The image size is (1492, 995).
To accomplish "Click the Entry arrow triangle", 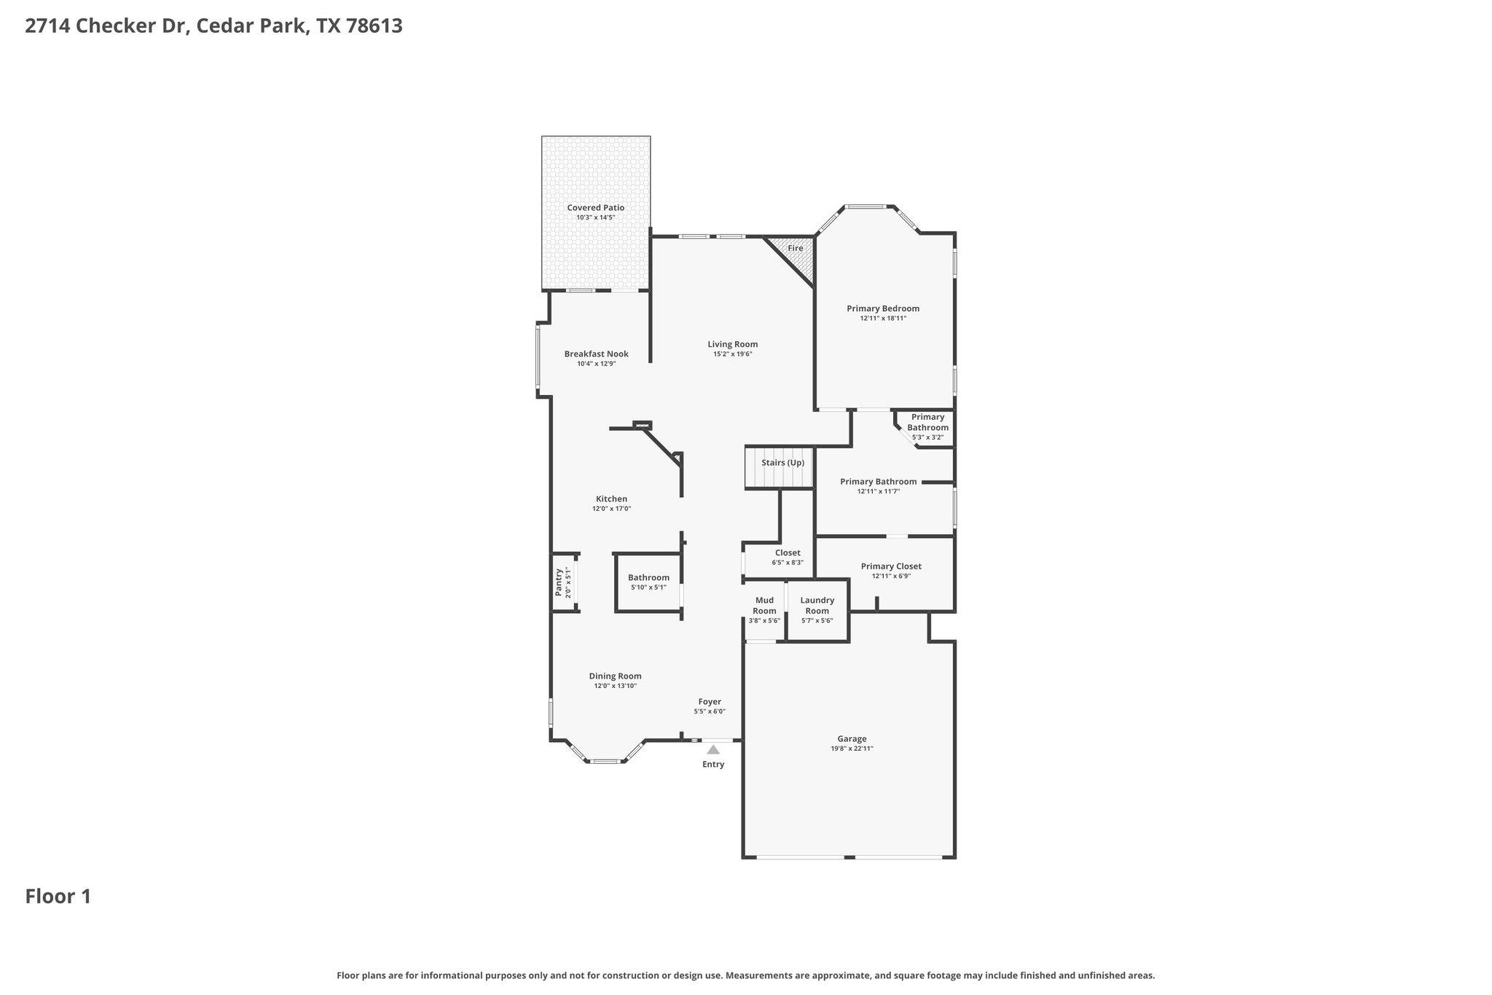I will pos(713,749).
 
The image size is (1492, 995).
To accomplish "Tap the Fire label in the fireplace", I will pos(796,249).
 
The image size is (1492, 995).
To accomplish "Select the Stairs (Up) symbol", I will pos(778,468).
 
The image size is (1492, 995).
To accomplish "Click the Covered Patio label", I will pos(596,208).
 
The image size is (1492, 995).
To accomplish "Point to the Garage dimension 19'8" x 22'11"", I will pos(852,749).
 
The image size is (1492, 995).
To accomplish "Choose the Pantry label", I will pos(559,582).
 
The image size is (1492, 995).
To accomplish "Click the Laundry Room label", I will pos(817,605).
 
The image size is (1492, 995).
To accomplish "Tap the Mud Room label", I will pos(764,605).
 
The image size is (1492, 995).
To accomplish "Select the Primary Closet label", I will pos(891,566).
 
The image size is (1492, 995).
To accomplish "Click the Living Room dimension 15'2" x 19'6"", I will pos(732,354).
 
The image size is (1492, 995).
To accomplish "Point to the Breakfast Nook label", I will pos(596,354).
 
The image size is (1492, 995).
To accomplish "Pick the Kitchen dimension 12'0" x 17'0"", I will pos(611,509).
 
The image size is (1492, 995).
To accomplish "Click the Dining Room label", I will pos(615,676).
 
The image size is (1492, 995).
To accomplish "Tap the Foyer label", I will pos(710,702).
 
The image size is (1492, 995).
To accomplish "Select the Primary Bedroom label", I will pos(883,308).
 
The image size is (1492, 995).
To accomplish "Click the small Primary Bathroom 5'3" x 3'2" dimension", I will pos(927,437).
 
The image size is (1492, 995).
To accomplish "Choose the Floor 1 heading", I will pos(58,897).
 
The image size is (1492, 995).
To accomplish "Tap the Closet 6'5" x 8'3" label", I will pos(788,553).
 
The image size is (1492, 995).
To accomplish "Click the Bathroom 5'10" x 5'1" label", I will pos(648,578).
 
